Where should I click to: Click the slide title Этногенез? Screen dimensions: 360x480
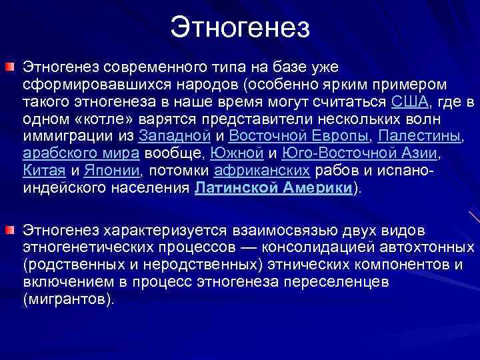pyautogui.click(x=240, y=27)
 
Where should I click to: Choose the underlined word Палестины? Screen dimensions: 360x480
pyautogui.click(x=419, y=136)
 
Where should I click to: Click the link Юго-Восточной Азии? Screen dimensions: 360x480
pyautogui.click(x=361, y=153)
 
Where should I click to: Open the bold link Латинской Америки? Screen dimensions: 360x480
pyautogui.click(x=273, y=188)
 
